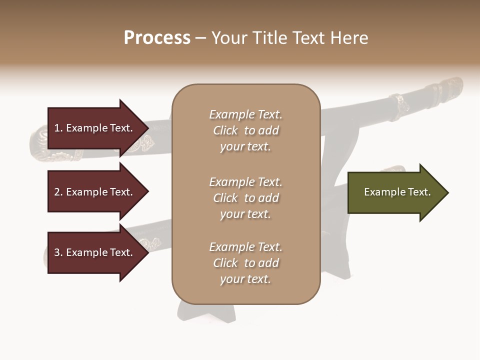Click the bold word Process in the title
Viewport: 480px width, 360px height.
(x=157, y=38)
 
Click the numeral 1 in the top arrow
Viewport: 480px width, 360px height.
(x=57, y=128)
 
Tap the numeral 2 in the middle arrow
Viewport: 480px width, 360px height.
(x=57, y=192)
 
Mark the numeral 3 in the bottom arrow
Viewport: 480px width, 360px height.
(x=57, y=252)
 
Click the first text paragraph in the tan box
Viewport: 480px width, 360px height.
(x=245, y=130)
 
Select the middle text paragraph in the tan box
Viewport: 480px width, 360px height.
(x=245, y=198)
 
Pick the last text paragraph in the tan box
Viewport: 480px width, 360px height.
(x=245, y=263)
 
